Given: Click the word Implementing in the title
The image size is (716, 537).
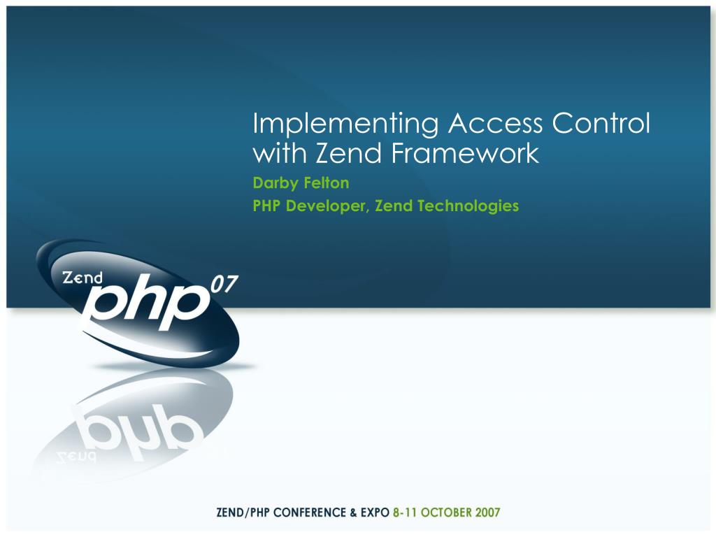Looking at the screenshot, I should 346,124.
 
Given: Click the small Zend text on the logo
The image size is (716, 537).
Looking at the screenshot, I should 83,278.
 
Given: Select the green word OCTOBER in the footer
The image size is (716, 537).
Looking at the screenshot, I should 447,513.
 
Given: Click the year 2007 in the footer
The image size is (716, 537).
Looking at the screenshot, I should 487,513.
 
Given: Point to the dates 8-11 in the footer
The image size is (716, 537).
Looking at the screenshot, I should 406,513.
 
